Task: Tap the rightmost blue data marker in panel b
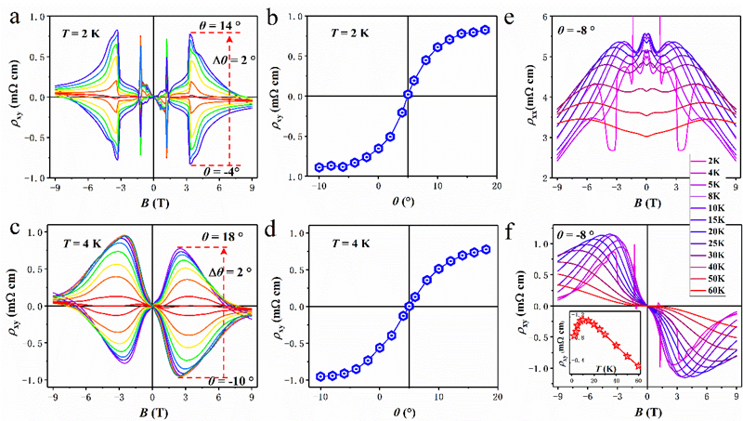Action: click(x=485, y=30)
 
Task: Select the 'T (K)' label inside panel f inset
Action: click(x=614, y=369)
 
